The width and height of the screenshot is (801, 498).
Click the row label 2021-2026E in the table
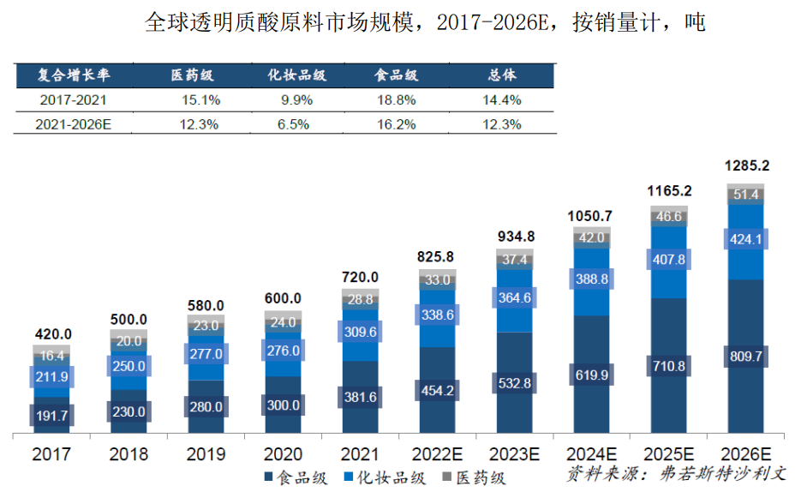[74, 124]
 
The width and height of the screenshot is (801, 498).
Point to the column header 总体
[501, 75]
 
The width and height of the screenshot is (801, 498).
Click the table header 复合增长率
[74, 75]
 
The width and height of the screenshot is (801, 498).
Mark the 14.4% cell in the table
[501, 100]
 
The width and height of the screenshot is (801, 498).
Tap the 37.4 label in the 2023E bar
[515, 260]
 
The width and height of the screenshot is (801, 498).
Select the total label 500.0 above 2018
[129, 320]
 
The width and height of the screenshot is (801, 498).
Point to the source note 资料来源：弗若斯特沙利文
[676, 474]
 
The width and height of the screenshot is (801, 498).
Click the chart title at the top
[425, 22]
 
